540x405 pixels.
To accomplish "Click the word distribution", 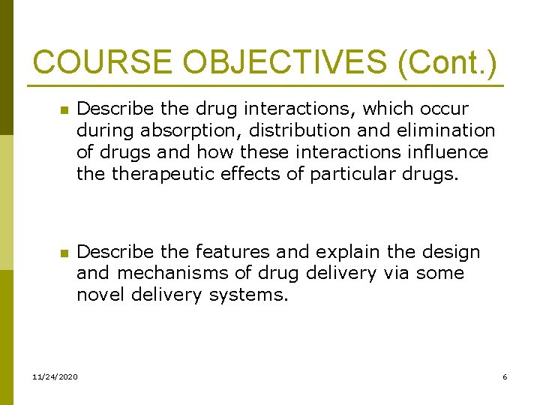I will (x=296, y=131).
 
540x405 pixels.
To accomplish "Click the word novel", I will (x=100, y=295).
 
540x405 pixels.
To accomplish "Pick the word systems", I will (x=248, y=295).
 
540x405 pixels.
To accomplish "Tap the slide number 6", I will (x=505, y=376).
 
